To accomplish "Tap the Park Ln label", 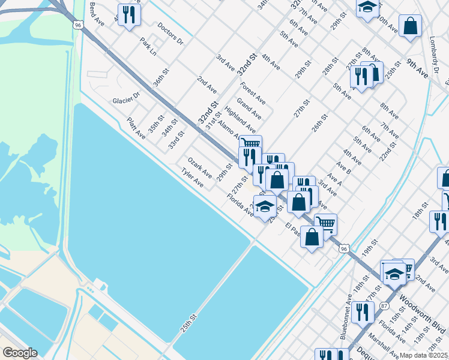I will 148,47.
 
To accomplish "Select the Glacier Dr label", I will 126,97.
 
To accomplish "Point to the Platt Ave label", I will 136,127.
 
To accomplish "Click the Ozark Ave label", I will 200,167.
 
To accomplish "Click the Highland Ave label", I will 240,120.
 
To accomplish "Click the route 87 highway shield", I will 384,306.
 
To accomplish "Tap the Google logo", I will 19,353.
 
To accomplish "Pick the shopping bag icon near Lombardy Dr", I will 410,26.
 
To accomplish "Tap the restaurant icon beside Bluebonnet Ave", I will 361,312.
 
